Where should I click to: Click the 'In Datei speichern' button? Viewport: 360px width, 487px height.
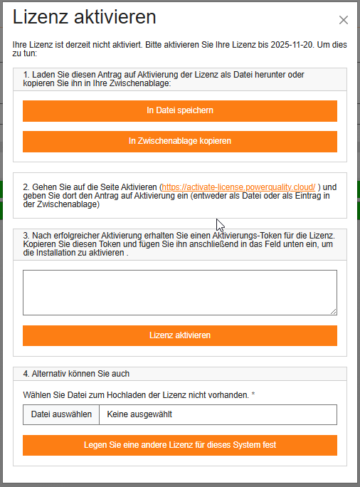pos(179,111)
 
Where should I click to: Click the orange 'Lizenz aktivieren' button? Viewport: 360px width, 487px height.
pos(179,335)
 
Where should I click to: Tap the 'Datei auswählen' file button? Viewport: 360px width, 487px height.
pos(61,414)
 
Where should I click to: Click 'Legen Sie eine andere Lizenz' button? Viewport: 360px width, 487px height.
pos(179,445)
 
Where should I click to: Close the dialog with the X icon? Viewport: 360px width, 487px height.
pos(344,21)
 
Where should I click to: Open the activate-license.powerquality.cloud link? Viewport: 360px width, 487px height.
pos(238,187)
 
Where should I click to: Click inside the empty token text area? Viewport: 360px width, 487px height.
pos(179,292)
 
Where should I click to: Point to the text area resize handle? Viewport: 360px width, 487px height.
pos(333,310)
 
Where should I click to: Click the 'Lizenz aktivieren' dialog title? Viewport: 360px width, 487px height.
pos(85,18)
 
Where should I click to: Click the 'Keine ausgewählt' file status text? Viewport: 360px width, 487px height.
pos(140,414)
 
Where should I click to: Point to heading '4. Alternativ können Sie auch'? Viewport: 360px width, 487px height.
pos(76,374)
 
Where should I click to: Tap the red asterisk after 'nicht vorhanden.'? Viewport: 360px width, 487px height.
pos(253,394)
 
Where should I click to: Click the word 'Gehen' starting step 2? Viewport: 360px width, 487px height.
pos(44,187)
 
